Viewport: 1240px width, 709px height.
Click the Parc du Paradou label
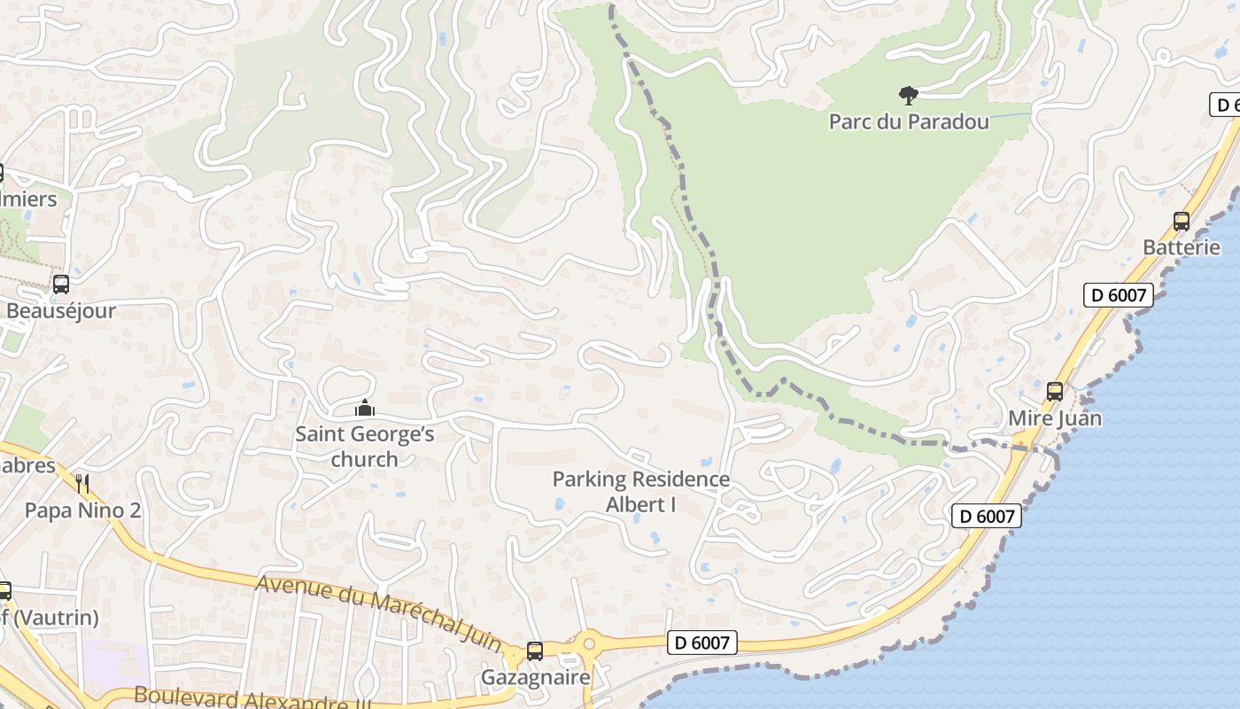(x=909, y=121)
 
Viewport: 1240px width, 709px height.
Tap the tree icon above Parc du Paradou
(x=908, y=95)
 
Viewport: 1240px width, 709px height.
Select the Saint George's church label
(x=365, y=446)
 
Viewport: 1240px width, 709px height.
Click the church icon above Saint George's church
(x=364, y=409)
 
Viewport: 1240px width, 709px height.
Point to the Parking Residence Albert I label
(x=641, y=492)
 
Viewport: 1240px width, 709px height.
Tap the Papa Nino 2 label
(x=82, y=510)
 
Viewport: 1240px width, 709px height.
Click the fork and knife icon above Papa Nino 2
(x=82, y=483)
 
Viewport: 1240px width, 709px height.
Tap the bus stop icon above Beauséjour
(x=61, y=284)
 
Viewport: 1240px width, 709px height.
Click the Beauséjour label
(x=61, y=311)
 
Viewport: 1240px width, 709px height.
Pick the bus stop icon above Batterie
(x=1181, y=222)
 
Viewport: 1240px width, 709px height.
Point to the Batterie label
(x=1182, y=247)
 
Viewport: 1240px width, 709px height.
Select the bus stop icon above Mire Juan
(x=1055, y=391)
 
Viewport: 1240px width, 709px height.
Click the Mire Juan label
(x=1055, y=417)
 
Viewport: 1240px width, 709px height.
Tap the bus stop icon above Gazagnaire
(x=535, y=651)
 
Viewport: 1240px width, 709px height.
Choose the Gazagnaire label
(x=535, y=678)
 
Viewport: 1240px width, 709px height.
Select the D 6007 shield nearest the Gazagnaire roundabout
(x=702, y=643)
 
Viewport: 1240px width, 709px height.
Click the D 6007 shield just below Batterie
(x=1119, y=295)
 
